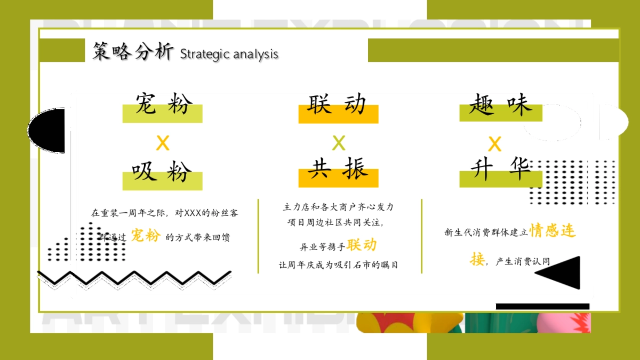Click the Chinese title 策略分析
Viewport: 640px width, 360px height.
coord(133,52)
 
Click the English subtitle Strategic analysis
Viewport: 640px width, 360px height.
coord(229,54)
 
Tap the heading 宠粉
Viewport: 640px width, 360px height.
coord(163,104)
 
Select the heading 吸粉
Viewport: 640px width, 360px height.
coord(163,172)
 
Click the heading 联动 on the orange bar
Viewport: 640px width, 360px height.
coord(338,105)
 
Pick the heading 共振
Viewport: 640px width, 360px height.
coord(338,170)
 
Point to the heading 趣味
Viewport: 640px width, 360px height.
coord(500,104)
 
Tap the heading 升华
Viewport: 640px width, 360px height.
coord(500,170)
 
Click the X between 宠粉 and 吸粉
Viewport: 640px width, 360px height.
coord(163,143)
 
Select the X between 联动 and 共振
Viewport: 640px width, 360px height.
coord(339,143)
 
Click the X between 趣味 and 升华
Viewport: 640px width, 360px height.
coord(495,144)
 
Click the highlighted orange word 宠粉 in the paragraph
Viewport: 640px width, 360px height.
coord(146,235)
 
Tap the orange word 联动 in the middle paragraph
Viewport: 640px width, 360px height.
coord(362,245)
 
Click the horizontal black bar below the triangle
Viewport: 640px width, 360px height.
coord(542,306)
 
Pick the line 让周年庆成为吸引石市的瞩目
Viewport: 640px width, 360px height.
coord(338,265)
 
